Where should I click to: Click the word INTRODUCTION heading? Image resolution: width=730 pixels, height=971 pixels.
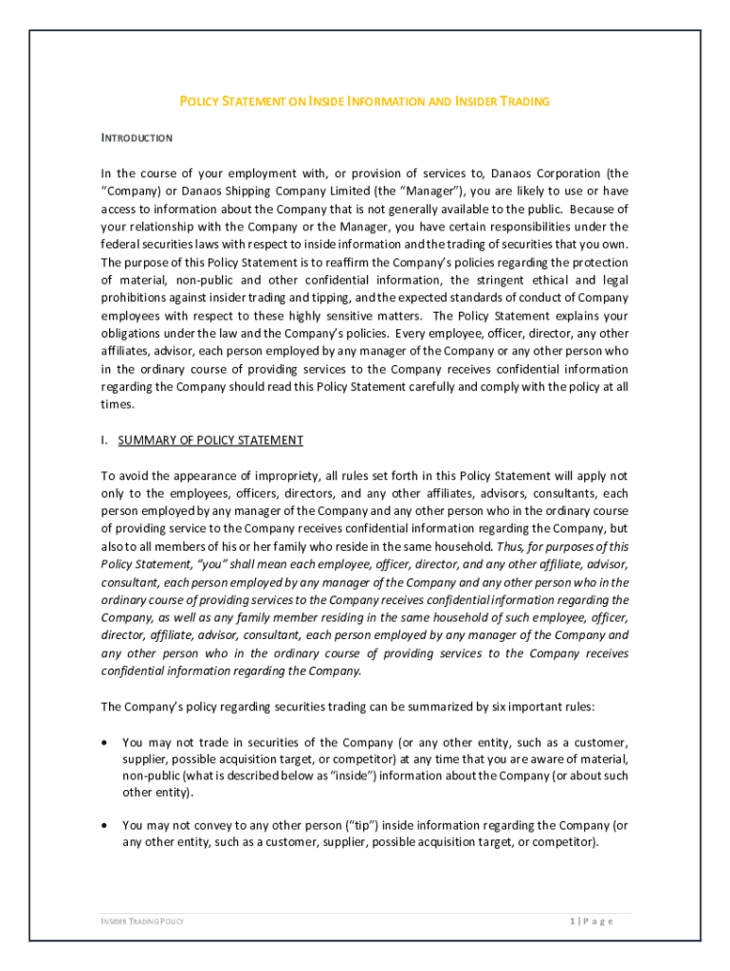pos(137,138)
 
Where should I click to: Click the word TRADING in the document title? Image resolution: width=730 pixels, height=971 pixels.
pos(523,101)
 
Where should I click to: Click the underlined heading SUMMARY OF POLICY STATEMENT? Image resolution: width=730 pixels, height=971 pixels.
pos(210,440)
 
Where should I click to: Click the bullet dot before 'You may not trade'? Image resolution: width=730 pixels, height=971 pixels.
pos(105,742)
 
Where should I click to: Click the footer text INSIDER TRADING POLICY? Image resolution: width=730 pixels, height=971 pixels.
pos(143,921)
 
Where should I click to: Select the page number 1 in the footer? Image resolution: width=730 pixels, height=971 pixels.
pos(573,921)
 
